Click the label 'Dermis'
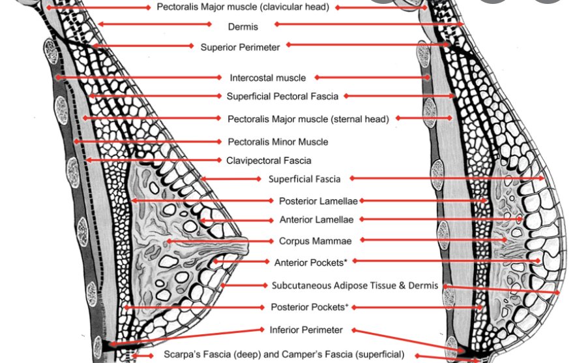tap(243, 27)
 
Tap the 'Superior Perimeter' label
tap(240, 47)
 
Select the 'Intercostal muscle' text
tap(267, 78)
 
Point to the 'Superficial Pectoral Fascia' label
tap(282, 96)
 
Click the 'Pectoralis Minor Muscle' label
tap(278, 142)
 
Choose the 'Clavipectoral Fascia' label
tap(269, 161)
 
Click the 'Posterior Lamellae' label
tap(319, 201)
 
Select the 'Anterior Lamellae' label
tap(316, 220)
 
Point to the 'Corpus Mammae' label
tap(315, 241)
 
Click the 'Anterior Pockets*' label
tap(310, 262)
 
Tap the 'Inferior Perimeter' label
tap(306, 330)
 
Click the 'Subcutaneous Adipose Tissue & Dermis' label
tap(355, 285)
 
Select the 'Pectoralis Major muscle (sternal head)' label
tap(308, 119)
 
